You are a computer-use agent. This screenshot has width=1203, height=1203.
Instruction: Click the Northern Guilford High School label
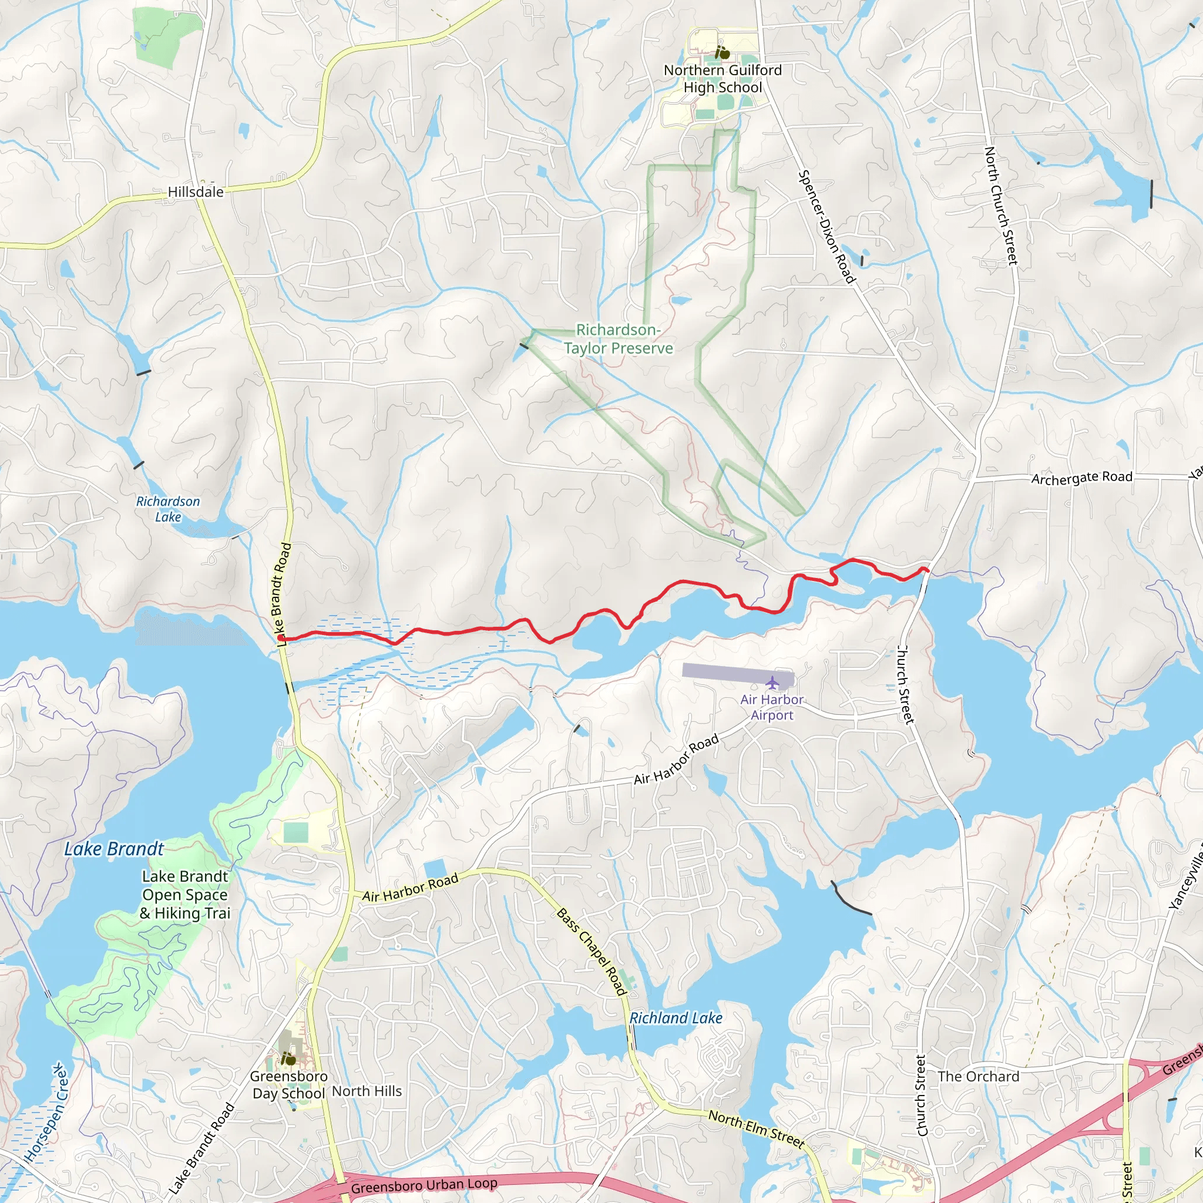pyautogui.click(x=723, y=79)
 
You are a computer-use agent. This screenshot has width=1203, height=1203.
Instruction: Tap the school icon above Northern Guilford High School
pyautogui.click(x=723, y=53)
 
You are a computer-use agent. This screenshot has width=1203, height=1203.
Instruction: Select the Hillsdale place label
pyautogui.click(x=196, y=191)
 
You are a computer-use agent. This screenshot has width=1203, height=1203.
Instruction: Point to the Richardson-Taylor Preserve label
pyautogui.click(x=618, y=339)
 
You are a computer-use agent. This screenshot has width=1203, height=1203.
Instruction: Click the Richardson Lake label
pyautogui.click(x=168, y=509)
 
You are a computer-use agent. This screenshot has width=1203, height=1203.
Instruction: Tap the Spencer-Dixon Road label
pyautogui.click(x=826, y=227)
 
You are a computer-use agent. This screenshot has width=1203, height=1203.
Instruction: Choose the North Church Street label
pyautogui.click(x=1000, y=206)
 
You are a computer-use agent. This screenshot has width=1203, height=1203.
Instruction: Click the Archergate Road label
pyautogui.click(x=1081, y=478)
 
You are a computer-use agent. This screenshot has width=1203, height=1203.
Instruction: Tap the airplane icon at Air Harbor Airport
pyautogui.click(x=772, y=683)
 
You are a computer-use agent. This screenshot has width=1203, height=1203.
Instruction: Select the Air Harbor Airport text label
pyautogui.click(x=771, y=707)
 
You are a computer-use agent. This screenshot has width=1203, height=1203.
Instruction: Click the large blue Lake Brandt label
pyautogui.click(x=114, y=849)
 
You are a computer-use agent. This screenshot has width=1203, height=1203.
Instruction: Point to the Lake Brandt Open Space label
pyautogui.click(x=185, y=894)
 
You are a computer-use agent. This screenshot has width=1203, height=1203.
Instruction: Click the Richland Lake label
pyautogui.click(x=676, y=1018)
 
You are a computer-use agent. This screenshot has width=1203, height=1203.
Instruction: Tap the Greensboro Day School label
pyautogui.click(x=288, y=1085)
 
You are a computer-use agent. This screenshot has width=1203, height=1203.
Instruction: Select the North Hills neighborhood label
pyautogui.click(x=367, y=1091)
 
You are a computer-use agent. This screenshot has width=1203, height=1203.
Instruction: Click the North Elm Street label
pyautogui.click(x=757, y=1129)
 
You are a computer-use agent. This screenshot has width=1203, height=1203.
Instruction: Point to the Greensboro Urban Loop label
pyautogui.click(x=424, y=1185)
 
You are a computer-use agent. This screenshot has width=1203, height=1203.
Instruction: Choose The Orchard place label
pyautogui.click(x=978, y=1077)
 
